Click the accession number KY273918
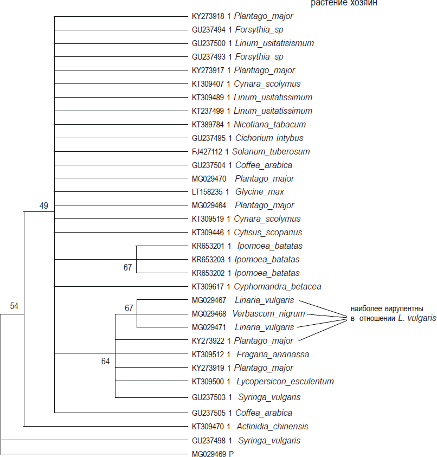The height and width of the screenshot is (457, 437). click(209, 16)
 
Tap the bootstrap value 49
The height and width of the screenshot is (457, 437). click(44, 205)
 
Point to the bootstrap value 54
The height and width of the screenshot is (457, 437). click(14, 306)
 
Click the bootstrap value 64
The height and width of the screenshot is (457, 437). click(105, 361)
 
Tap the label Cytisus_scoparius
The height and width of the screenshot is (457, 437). click(267, 233)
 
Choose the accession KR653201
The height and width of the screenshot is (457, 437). click(209, 246)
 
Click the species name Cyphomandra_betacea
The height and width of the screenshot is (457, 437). click(276, 286)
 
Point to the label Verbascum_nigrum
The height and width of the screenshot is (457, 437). click(269, 313)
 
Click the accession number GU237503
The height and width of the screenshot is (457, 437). click(209, 397)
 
